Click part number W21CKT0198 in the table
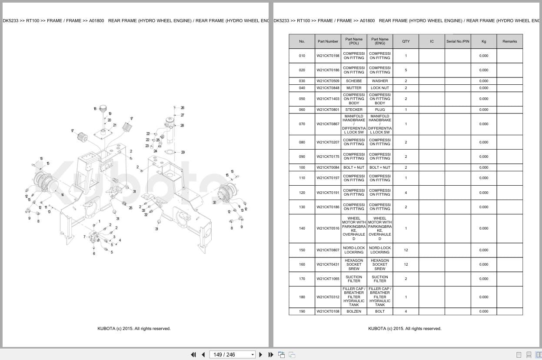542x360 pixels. pos(328,56)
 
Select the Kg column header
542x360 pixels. pos(483,41)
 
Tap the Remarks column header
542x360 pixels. pos(509,41)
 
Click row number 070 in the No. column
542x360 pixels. pos(302,124)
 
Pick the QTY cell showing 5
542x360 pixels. pos(406,70)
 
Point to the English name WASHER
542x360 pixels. pos(379,81)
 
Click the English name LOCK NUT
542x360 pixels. pos(379,88)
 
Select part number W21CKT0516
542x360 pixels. pos(328,228)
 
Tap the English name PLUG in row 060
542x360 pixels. pos(379,110)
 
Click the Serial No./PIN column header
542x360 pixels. pos(457,41)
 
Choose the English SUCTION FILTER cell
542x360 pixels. pos(379,279)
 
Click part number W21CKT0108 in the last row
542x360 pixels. pos(328,311)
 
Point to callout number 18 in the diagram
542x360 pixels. pos(95,108)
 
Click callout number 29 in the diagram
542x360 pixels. pos(183,152)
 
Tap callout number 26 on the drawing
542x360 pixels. pos(182,107)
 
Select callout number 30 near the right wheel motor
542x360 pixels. pos(214,202)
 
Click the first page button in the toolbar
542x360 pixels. pos(193,355)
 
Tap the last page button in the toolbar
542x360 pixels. pos(271,355)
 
